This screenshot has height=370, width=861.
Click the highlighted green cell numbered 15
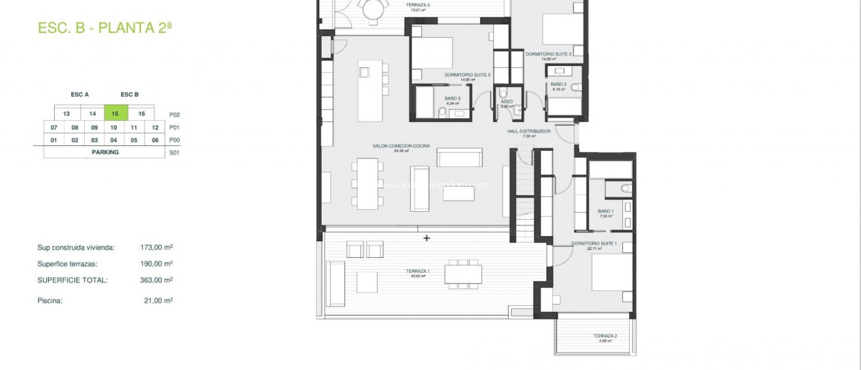(x=115, y=114)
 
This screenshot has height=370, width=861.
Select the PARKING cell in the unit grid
(x=105, y=152)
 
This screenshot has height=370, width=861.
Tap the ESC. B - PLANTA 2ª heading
(x=105, y=28)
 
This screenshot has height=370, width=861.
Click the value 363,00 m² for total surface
(x=156, y=280)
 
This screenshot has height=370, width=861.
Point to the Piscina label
(x=50, y=301)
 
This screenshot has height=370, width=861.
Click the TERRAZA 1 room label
(x=417, y=272)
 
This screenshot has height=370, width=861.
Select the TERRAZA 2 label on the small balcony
(x=605, y=336)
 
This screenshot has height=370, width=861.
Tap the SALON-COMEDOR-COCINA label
(x=401, y=146)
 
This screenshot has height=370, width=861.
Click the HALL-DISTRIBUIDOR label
(x=528, y=132)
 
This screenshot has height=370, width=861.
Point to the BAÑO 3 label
(x=452, y=99)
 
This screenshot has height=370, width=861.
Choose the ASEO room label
(x=507, y=102)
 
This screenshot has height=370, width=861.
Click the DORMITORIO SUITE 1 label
(x=594, y=244)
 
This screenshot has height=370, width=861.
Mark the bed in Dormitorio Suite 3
(x=432, y=53)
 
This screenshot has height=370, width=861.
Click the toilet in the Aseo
(x=503, y=93)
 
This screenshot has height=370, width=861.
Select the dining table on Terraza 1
(x=463, y=274)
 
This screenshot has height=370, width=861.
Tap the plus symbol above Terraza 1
(x=427, y=238)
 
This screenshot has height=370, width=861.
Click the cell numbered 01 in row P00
(x=54, y=140)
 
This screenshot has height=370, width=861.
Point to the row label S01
(x=174, y=153)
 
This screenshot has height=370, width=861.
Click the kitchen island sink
(x=364, y=72)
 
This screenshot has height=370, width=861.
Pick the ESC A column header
(x=79, y=95)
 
